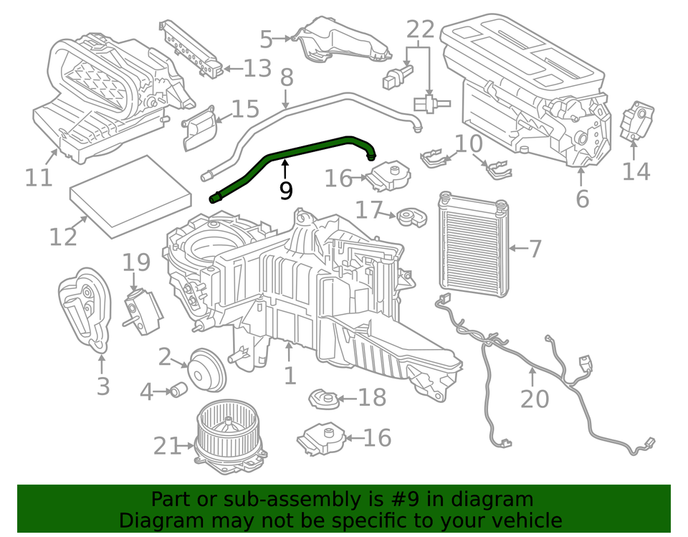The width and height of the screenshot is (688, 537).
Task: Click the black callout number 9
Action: [x=285, y=191]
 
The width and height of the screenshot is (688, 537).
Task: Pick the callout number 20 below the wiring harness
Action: [x=534, y=398]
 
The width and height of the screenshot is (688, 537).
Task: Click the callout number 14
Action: [x=635, y=171]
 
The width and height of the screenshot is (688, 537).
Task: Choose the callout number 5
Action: [x=267, y=39]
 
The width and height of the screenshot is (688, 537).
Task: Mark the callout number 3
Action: [x=103, y=386]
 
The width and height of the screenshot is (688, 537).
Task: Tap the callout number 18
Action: [x=372, y=396]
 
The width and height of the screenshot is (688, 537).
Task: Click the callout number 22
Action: [x=421, y=30]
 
